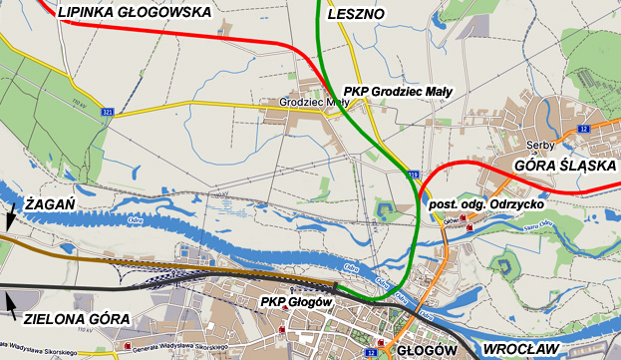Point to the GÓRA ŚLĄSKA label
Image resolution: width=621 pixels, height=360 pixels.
[x=564, y=166]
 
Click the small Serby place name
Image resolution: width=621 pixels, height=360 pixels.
[x=525, y=144]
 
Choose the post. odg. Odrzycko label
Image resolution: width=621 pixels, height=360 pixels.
[x=487, y=203]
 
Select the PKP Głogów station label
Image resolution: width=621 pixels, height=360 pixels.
[x=295, y=301]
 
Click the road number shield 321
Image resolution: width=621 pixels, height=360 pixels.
[x=107, y=113]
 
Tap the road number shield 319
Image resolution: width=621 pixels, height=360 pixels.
[x=413, y=175]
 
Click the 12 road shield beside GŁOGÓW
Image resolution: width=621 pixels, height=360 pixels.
[x=372, y=352]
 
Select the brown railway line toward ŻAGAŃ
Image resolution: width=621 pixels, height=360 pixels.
[x=150, y=262]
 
